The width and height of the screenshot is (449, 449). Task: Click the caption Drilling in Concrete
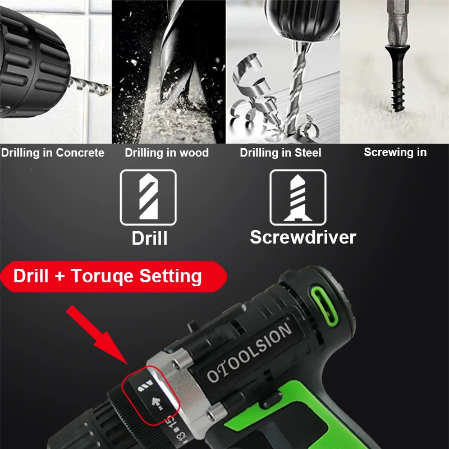[52, 153]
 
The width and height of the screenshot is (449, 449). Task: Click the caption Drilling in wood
[167, 153]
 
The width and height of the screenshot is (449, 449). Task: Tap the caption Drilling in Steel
[281, 153]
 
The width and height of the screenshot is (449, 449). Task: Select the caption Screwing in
[395, 152]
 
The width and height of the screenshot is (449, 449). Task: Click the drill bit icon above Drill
[148, 198]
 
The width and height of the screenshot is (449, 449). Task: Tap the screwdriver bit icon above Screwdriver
[298, 198]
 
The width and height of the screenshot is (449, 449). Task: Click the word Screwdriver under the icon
[303, 237]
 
